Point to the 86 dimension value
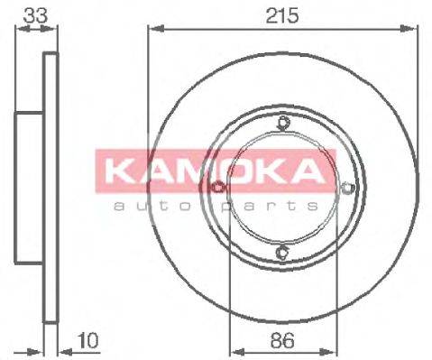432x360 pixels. coord(283,343)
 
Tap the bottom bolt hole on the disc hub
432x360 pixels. coord(283,252)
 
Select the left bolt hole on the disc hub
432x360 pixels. coord(219,188)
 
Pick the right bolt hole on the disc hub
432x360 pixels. coord(348,188)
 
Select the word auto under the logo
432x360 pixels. coord(144,205)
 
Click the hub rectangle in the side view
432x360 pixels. coord(30,187)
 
